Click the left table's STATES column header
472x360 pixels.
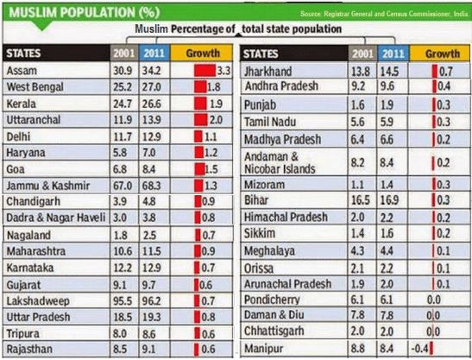click(27, 53)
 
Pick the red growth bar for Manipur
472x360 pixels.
click(431, 347)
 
